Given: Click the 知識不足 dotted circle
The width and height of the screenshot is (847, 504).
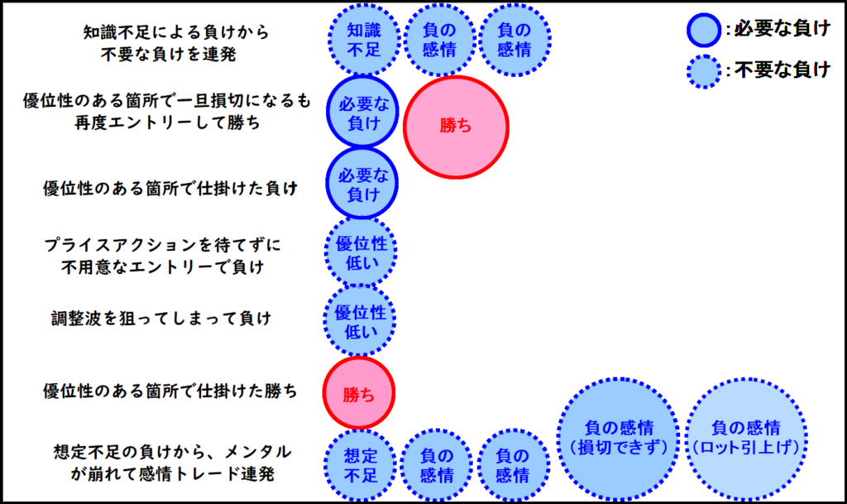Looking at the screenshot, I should point(362,38).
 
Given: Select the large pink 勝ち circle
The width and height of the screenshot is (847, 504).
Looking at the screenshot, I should point(456,127).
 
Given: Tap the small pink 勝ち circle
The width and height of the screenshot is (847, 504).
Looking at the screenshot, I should point(359,393).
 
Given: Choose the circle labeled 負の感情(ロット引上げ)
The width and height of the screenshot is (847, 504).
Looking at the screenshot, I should point(745,438).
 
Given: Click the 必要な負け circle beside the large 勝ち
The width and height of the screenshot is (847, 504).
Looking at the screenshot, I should point(362,113).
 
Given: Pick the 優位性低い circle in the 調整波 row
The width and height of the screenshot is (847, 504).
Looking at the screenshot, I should point(360,321).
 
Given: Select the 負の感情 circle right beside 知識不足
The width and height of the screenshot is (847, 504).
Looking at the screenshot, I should point(439,39).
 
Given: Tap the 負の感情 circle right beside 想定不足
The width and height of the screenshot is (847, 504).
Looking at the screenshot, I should point(436,465).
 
